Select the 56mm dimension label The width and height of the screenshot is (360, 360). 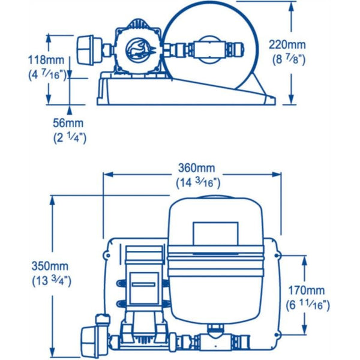70,123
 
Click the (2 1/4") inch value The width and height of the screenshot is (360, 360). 70,137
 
